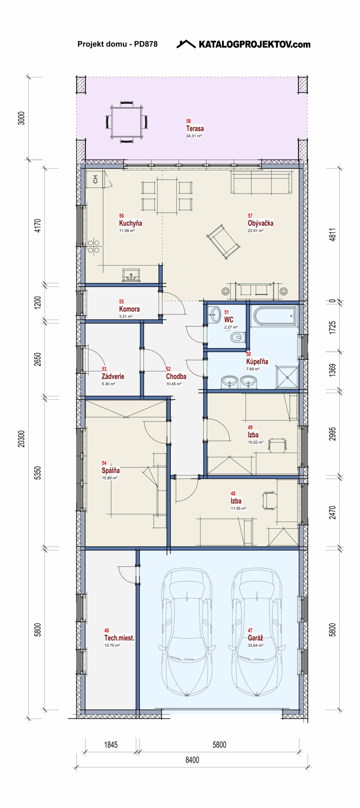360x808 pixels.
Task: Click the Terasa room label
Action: point(195,128)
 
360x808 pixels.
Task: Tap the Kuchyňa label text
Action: point(130,223)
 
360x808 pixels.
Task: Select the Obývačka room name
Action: point(261,223)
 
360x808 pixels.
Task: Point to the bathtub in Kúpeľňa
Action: point(275,316)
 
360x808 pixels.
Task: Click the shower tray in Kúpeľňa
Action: point(287,377)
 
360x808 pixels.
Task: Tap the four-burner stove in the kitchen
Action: point(93,247)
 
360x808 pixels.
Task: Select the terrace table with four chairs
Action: point(127,122)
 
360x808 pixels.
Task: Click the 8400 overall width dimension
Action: point(192,760)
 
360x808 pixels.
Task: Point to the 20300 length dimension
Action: point(21,438)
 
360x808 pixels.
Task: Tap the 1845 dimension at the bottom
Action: point(111,745)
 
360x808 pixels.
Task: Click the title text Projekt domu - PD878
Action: point(117,44)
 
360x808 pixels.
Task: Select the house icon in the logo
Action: point(186,44)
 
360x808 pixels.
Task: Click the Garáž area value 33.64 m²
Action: point(255,645)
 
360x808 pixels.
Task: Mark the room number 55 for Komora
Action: point(122,301)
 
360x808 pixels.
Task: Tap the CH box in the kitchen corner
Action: point(95,179)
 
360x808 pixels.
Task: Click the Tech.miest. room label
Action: point(119,638)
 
